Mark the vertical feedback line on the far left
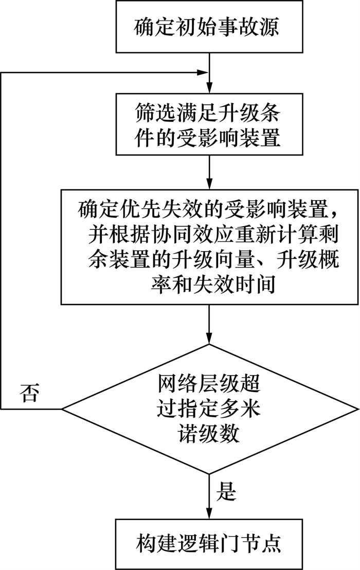pos(2,242)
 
